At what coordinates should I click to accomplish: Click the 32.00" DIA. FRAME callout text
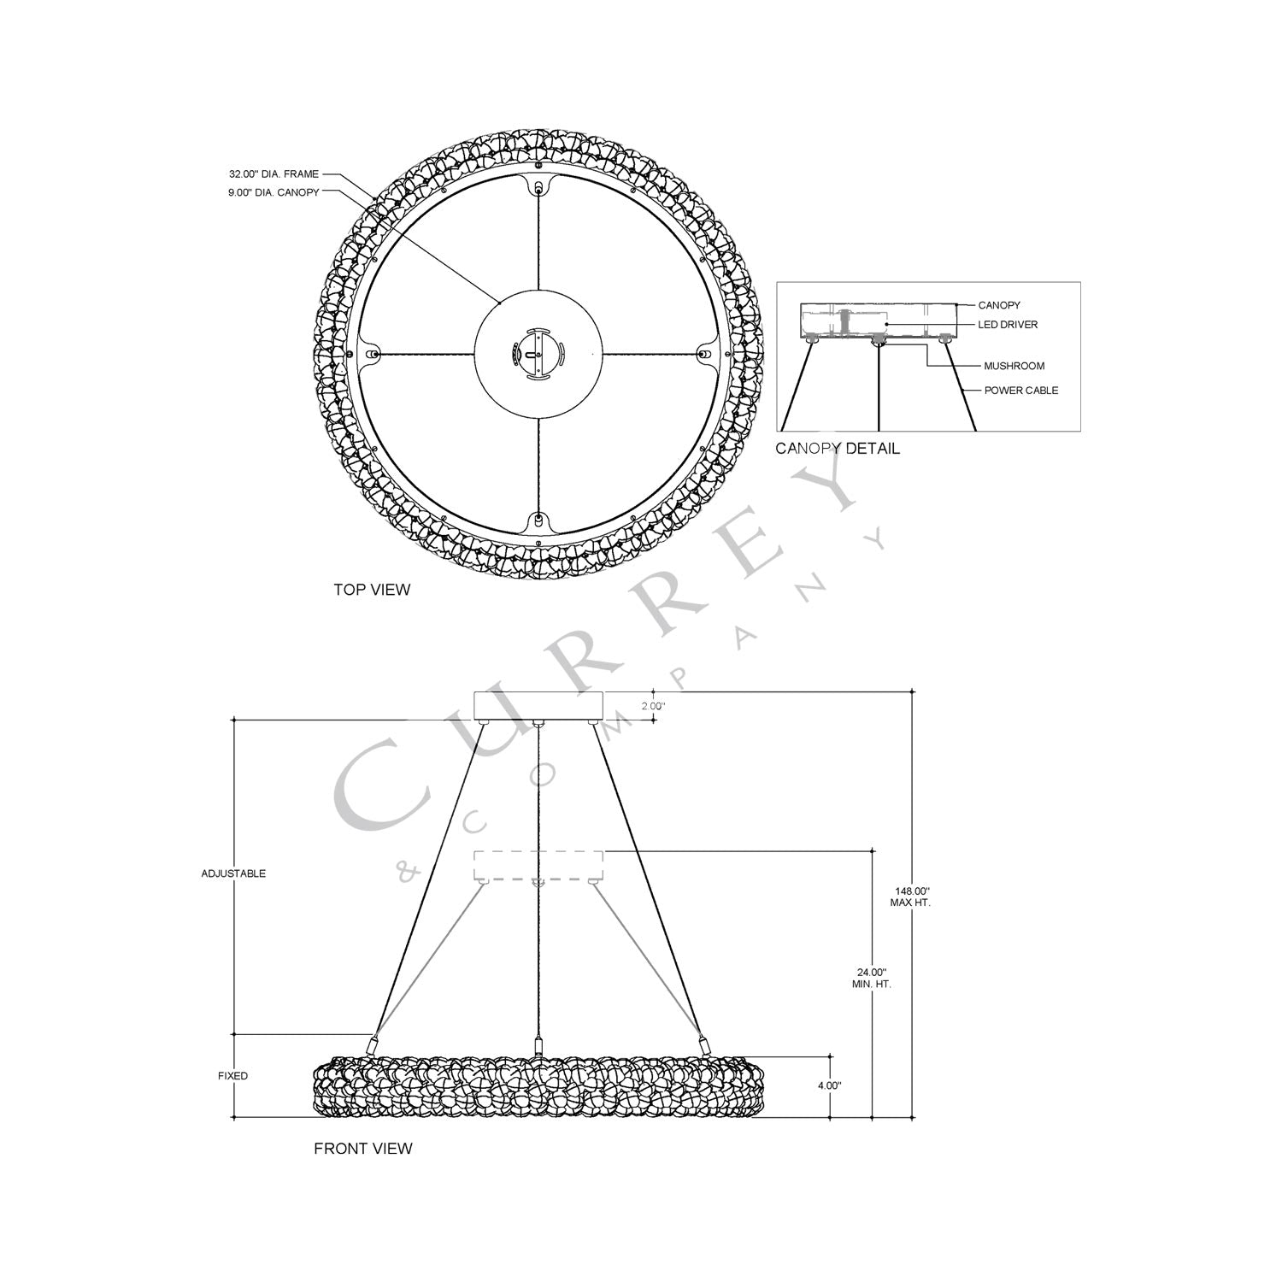(273, 174)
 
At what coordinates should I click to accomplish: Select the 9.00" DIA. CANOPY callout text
(273, 193)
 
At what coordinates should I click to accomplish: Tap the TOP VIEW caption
(372, 590)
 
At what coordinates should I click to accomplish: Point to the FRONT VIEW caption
(362, 1149)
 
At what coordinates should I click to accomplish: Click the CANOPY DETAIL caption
(838, 449)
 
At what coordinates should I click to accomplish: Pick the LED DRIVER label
(1008, 325)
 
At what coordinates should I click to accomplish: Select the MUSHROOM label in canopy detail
(1014, 366)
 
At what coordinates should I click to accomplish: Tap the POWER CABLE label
(1020, 391)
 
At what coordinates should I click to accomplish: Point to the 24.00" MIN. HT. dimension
(872, 978)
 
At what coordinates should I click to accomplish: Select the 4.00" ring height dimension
(829, 1085)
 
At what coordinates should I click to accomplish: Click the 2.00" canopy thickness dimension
(652, 707)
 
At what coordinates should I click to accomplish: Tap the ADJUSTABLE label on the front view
(233, 873)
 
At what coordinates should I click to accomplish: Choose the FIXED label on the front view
(232, 1076)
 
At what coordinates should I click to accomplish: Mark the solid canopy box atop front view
(538, 705)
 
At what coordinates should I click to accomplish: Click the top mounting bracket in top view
(538, 187)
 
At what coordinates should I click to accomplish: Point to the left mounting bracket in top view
(372, 353)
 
